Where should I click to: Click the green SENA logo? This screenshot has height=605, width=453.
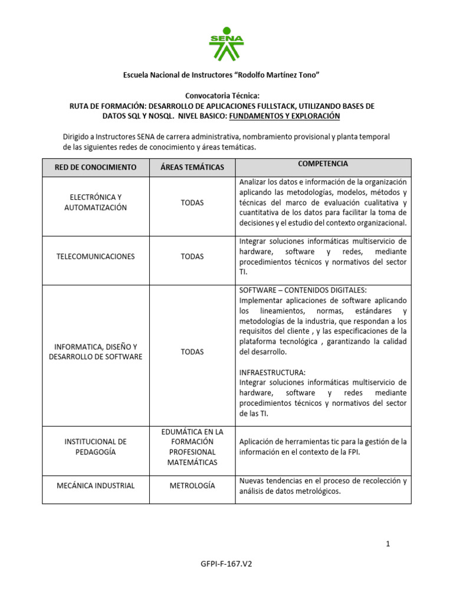[226, 44]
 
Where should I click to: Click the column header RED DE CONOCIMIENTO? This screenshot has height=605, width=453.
[96, 167]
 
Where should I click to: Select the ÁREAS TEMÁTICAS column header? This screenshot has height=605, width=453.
[192, 167]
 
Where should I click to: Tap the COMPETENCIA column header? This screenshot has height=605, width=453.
[323, 164]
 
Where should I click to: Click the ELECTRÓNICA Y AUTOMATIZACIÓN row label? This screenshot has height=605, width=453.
[96, 202]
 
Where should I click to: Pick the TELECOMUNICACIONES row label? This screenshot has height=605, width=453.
[96, 256]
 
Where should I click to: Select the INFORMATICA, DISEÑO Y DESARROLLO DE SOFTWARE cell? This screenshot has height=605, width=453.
[96, 352]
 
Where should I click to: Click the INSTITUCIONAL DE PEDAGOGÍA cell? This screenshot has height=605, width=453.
[96, 447]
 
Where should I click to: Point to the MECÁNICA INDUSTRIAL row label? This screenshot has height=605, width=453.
[96, 486]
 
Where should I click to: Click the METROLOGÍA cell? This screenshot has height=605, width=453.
[192, 486]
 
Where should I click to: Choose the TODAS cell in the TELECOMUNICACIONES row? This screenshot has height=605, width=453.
[192, 256]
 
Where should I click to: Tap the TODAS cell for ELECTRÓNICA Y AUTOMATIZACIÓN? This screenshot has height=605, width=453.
[192, 203]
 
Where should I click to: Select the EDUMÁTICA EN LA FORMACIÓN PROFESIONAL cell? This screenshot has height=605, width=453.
[192, 447]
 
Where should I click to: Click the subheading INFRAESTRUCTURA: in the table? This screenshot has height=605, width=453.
[273, 373]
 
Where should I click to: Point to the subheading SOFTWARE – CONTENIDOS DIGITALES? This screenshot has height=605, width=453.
[303, 290]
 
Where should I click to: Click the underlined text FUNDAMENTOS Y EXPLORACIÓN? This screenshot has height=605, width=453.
[284, 116]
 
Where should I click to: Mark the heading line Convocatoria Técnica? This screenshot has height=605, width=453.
[222, 95]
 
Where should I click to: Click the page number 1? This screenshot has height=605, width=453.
[388, 544]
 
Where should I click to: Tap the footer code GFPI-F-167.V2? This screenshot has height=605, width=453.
[226, 564]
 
